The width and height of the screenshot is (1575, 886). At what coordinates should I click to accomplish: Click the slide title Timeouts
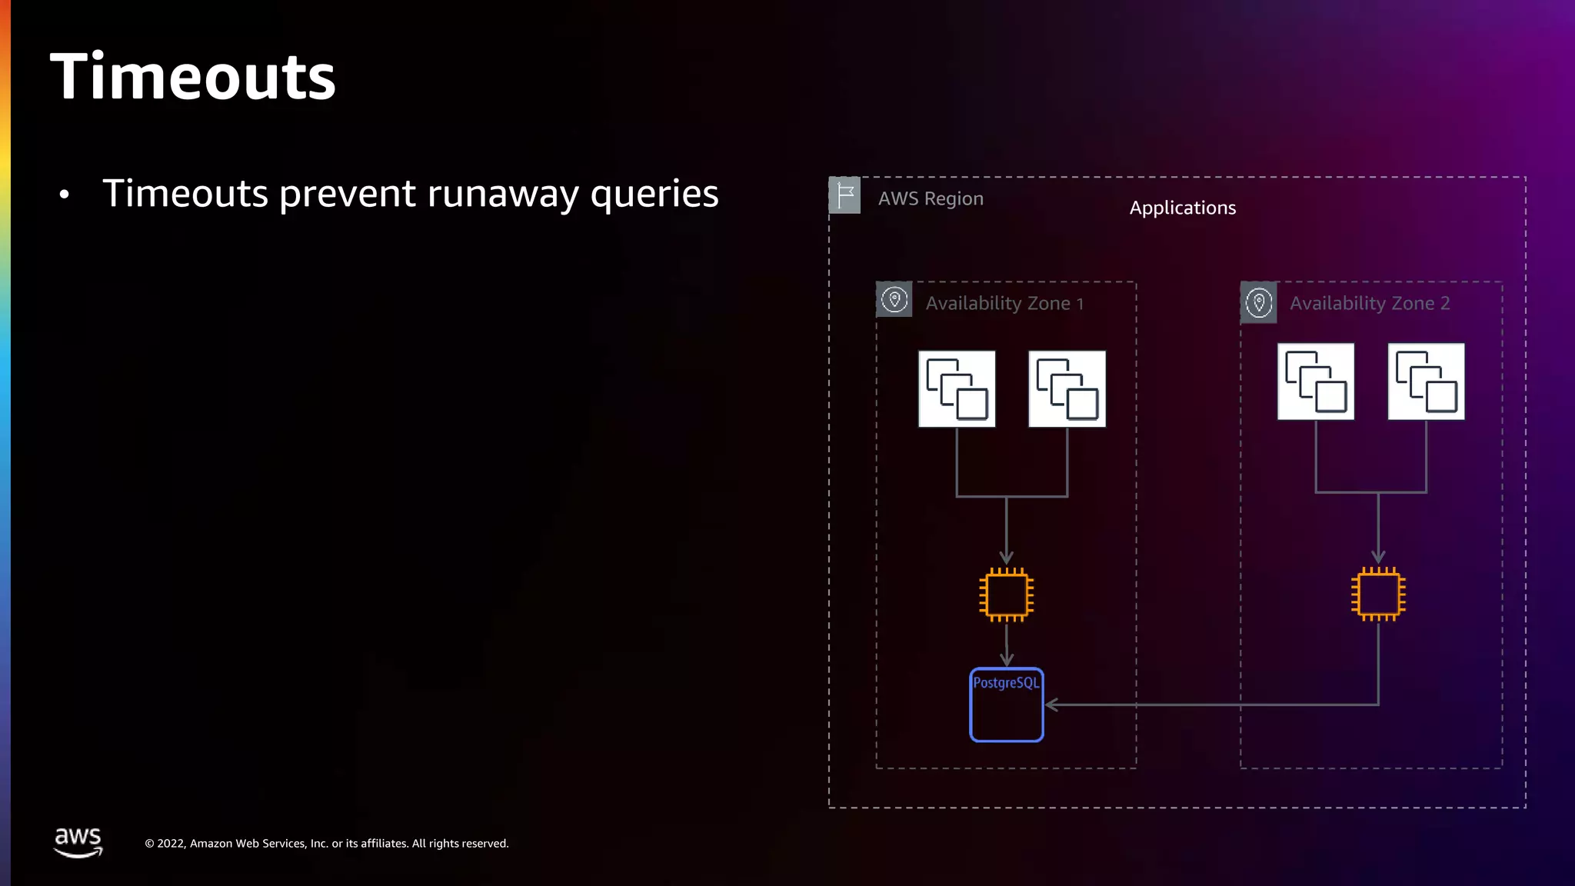click(x=192, y=77)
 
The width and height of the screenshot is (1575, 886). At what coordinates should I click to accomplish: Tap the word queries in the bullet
click(x=654, y=194)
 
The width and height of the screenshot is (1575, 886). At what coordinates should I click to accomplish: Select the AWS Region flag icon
click(x=844, y=195)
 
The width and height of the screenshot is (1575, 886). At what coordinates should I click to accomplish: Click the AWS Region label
click(x=931, y=198)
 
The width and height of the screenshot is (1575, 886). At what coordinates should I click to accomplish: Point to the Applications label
click(x=1182, y=208)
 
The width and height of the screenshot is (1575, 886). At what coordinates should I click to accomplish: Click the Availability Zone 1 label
click(x=1004, y=304)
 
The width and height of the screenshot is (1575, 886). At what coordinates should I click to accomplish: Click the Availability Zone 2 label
click(x=1370, y=304)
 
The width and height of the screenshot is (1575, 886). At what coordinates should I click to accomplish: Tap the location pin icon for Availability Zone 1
click(x=894, y=300)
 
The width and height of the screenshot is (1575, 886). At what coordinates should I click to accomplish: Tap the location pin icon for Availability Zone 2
click(x=1259, y=302)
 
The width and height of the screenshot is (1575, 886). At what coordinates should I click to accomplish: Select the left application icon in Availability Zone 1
click(x=957, y=389)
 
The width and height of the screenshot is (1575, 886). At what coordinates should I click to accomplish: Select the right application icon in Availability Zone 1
click(x=1067, y=389)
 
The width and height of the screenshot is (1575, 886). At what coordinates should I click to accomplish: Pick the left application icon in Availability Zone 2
click(x=1316, y=381)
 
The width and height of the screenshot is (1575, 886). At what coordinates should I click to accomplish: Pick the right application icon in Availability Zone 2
click(x=1426, y=381)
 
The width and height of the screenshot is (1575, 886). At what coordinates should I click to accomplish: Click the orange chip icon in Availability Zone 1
click(x=1007, y=595)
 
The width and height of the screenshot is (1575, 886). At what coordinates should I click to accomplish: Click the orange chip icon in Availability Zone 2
click(x=1378, y=595)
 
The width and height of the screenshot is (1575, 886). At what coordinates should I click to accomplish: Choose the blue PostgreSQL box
click(x=1007, y=705)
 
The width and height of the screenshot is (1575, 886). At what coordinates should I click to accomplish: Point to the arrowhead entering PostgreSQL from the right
click(x=1052, y=704)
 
